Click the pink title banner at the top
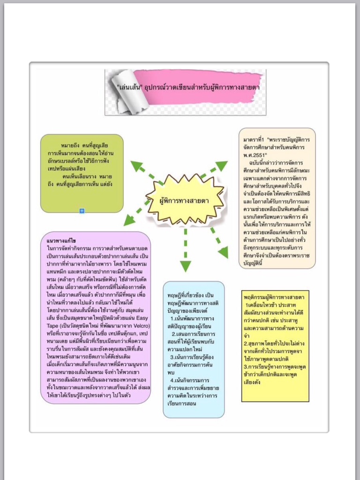(x=197, y=87)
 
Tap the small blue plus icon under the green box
(x=82, y=211)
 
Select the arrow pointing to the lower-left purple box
(x=135, y=213)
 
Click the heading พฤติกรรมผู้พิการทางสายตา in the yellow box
(x=274, y=297)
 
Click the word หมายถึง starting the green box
(x=70, y=146)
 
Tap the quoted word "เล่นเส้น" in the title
(x=130, y=87)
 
